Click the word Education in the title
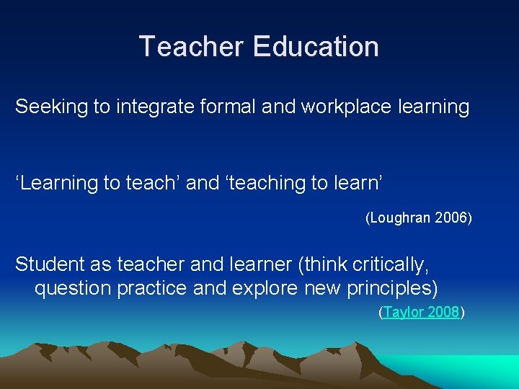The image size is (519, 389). click(316, 47)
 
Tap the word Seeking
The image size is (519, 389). click(51, 107)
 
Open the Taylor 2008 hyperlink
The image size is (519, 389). click(422, 313)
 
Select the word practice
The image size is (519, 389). click(145, 289)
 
